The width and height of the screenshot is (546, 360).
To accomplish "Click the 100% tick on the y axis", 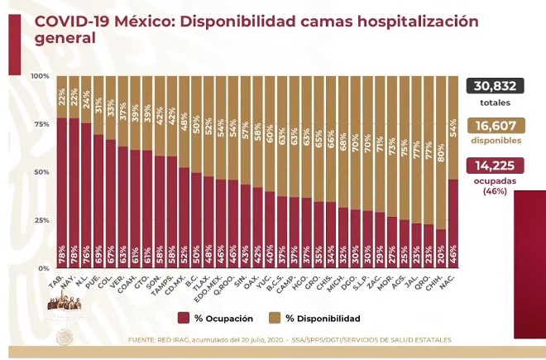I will pyautogui.click(x=40, y=76).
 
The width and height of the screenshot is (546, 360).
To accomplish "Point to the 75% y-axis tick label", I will pyautogui.click(x=41, y=124).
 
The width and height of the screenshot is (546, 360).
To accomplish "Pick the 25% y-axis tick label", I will pyautogui.click(x=41, y=220).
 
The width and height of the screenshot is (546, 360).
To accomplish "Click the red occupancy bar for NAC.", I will pyautogui.click(x=453, y=223).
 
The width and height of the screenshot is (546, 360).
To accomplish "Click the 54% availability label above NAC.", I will pyautogui.click(x=453, y=127).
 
